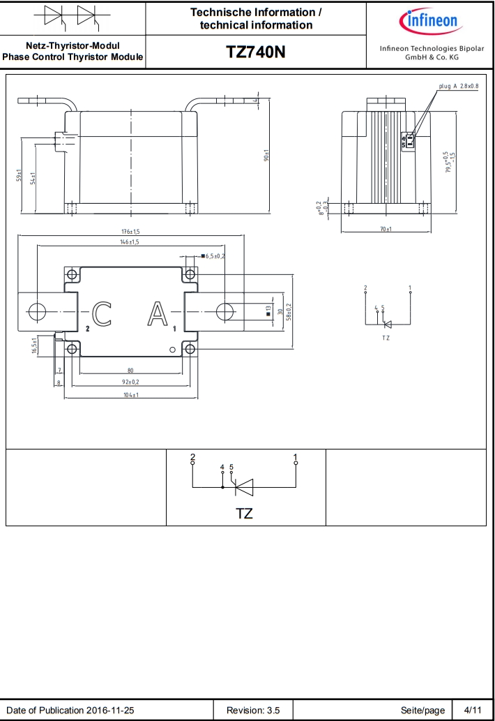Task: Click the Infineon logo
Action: click(x=430, y=21)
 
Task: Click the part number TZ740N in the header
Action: click(x=256, y=52)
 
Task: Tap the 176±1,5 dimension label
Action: click(x=130, y=232)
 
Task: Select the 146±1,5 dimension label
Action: click(x=130, y=242)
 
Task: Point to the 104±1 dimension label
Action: click(x=131, y=395)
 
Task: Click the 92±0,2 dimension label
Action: click(x=130, y=382)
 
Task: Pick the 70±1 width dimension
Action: click(x=386, y=229)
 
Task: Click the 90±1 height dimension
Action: click(x=266, y=155)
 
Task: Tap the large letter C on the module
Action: click(x=102, y=313)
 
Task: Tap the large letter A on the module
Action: click(x=158, y=313)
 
